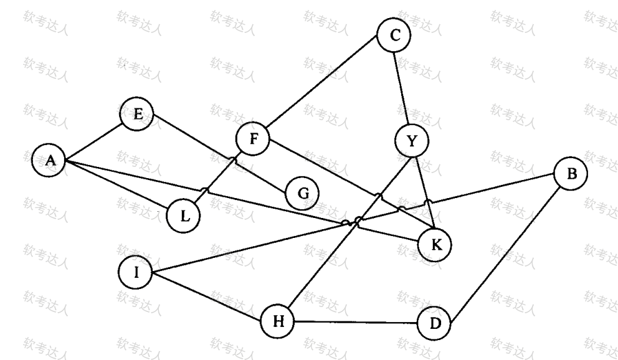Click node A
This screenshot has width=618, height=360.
pyautogui.click(x=49, y=161)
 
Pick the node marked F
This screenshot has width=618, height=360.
pyautogui.click(x=253, y=138)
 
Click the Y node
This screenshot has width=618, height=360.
pyautogui.click(x=411, y=141)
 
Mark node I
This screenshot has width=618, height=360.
pyautogui.click(x=135, y=273)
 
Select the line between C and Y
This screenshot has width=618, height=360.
pyautogui.click(x=402, y=87)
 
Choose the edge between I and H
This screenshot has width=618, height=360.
pyautogui.click(x=206, y=296)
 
